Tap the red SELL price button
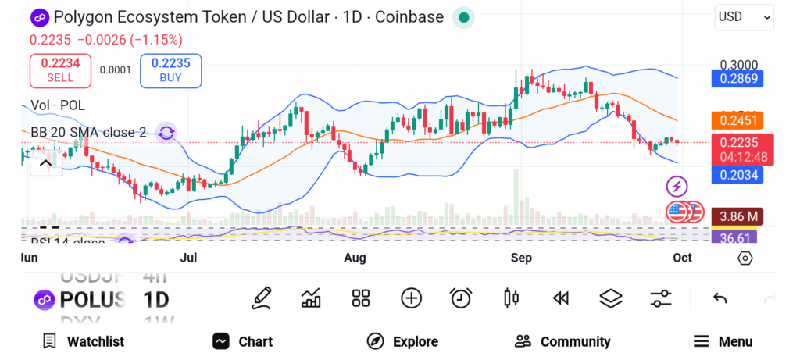click(60, 70)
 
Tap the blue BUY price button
click(170, 70)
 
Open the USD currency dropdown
click(744, 16)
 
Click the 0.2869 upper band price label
click(736, 78)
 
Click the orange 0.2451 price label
click(736, 120)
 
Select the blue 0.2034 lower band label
click(736, 174)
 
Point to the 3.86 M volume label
click(736, 216)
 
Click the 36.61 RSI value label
click(734, 237)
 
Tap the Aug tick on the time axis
click(355, 258)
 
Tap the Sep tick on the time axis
click(521, 258)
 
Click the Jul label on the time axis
click(188, 258)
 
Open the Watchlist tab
click(84, 341)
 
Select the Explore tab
click(402, 341)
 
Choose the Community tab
click(562, 341)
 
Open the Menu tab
click(723, 341)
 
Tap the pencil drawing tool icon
click(262, 298)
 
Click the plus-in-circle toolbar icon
click(411, 298)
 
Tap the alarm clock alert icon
click(461, 298)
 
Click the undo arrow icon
click(720, 298)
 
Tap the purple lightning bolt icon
click(677, 186)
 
